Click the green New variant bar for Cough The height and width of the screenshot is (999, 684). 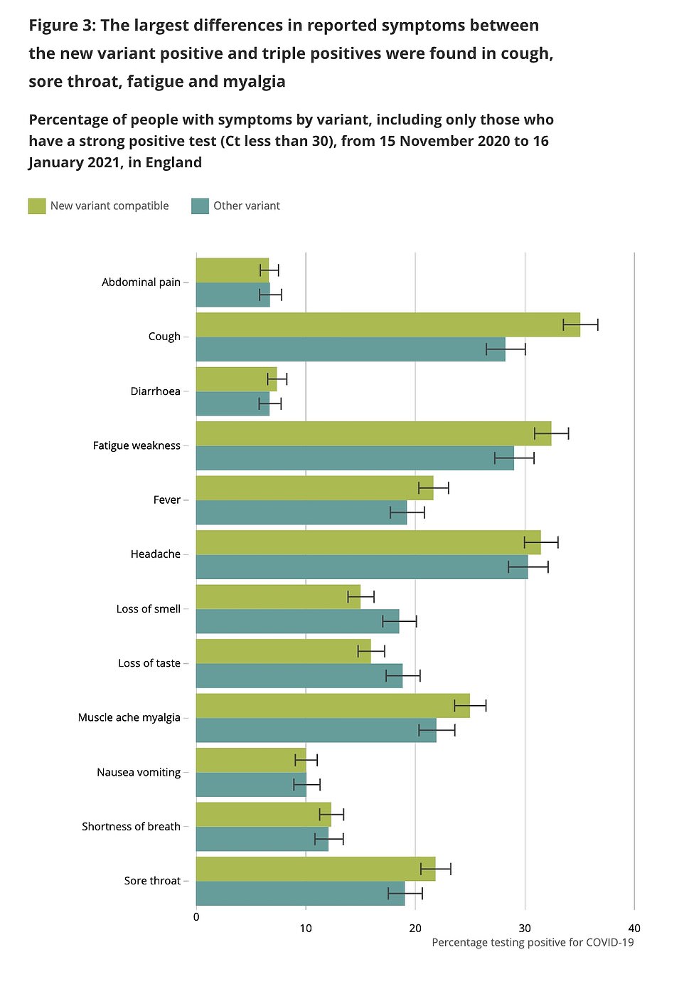click(x=388, y=324)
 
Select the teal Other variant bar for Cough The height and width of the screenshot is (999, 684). click(x=351, y=349)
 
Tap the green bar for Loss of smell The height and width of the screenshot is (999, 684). click(x=278, y=597)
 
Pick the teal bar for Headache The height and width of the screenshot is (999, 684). click(x=362, y=567)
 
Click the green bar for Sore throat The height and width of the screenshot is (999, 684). click(x=316, y=869)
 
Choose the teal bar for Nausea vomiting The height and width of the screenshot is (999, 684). click(x=251, y=785)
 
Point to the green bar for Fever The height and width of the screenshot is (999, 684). click(x=314, y=488)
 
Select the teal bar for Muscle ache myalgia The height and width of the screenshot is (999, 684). click(x=316, y=730)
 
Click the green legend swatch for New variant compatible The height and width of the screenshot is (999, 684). click(x=37, y=206)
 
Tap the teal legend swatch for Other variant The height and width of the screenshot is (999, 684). click(x=200, y=206)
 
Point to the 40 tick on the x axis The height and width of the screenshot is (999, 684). click(x=634, y=928)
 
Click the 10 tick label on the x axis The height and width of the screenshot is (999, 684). click(x=306, y=928)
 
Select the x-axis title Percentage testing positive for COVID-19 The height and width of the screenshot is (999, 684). click(x=533, y=943)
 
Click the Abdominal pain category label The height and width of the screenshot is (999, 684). click(x=141, y=282)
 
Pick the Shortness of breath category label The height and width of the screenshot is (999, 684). click(x=131, y=827)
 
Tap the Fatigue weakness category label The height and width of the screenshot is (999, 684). click(x=137, y=445)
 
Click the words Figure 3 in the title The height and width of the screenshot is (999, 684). click(x=61, y=26)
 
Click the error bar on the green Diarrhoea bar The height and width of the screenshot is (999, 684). click(x=277, y=379)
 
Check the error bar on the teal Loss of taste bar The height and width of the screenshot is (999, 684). click(x=403, y=676)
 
